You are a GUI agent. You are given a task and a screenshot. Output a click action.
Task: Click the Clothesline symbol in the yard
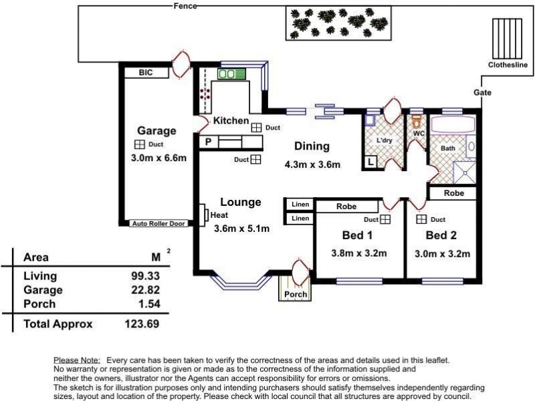click(x=507, y=39)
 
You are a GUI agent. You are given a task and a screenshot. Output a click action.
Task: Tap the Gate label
click(x=482, y=92)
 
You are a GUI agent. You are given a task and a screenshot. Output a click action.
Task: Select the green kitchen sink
click(x=231, y=74)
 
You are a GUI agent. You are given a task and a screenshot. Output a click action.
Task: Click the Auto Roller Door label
click(x=158, y=224)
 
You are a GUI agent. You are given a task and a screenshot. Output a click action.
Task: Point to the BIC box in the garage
click(x=146, y=73)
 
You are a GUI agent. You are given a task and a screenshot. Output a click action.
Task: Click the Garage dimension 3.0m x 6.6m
click(x=158, y=158)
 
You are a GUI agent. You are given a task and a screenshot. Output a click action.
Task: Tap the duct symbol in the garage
click(x=140, y=144)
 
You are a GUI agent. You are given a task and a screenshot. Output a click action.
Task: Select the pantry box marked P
click(x=209, y=142)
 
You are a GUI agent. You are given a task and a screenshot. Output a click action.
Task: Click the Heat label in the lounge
click(x=219, y=215)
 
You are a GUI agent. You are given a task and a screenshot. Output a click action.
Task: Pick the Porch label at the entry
click(x=296, y=294)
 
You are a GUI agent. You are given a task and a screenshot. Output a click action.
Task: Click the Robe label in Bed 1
click(x=346, y=207)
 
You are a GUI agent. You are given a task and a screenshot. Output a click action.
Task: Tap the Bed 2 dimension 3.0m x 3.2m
click(x=442, y=254)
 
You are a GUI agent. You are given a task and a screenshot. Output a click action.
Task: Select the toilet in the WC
click(x=416, y=121)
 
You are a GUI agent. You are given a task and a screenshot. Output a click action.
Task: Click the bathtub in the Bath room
click(x=453, y=125)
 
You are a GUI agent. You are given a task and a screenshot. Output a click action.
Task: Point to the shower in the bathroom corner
click(x=464, y=172)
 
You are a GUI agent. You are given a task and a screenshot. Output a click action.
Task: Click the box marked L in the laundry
click(x=371, y=162)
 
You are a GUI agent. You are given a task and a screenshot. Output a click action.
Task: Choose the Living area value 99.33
click(x=146, y=275)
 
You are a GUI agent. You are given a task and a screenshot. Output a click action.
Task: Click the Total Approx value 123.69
click(x=142, y=323)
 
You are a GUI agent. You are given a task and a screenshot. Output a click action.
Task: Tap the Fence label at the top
click(x=185, y=6)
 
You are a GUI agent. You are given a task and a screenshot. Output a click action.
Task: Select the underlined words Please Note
click(x=77, y=360)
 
